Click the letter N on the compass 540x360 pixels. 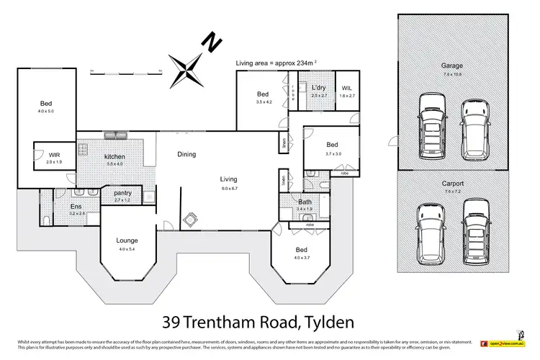point(211,43)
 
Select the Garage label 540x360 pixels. point(452,66)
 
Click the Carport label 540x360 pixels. point(452,184)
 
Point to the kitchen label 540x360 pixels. point(114,156)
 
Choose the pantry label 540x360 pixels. point(122,192)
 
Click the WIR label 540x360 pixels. point(55,155)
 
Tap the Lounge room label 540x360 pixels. point(127,240)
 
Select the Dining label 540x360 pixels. point(186,154)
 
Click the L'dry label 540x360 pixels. point(319,88)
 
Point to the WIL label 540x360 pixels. point(346,88)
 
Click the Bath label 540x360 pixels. point(305,202)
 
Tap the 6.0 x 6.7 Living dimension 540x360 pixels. point(229,188)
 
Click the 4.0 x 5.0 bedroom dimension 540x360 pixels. point(46,112)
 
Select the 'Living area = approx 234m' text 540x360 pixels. point(275,63)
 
